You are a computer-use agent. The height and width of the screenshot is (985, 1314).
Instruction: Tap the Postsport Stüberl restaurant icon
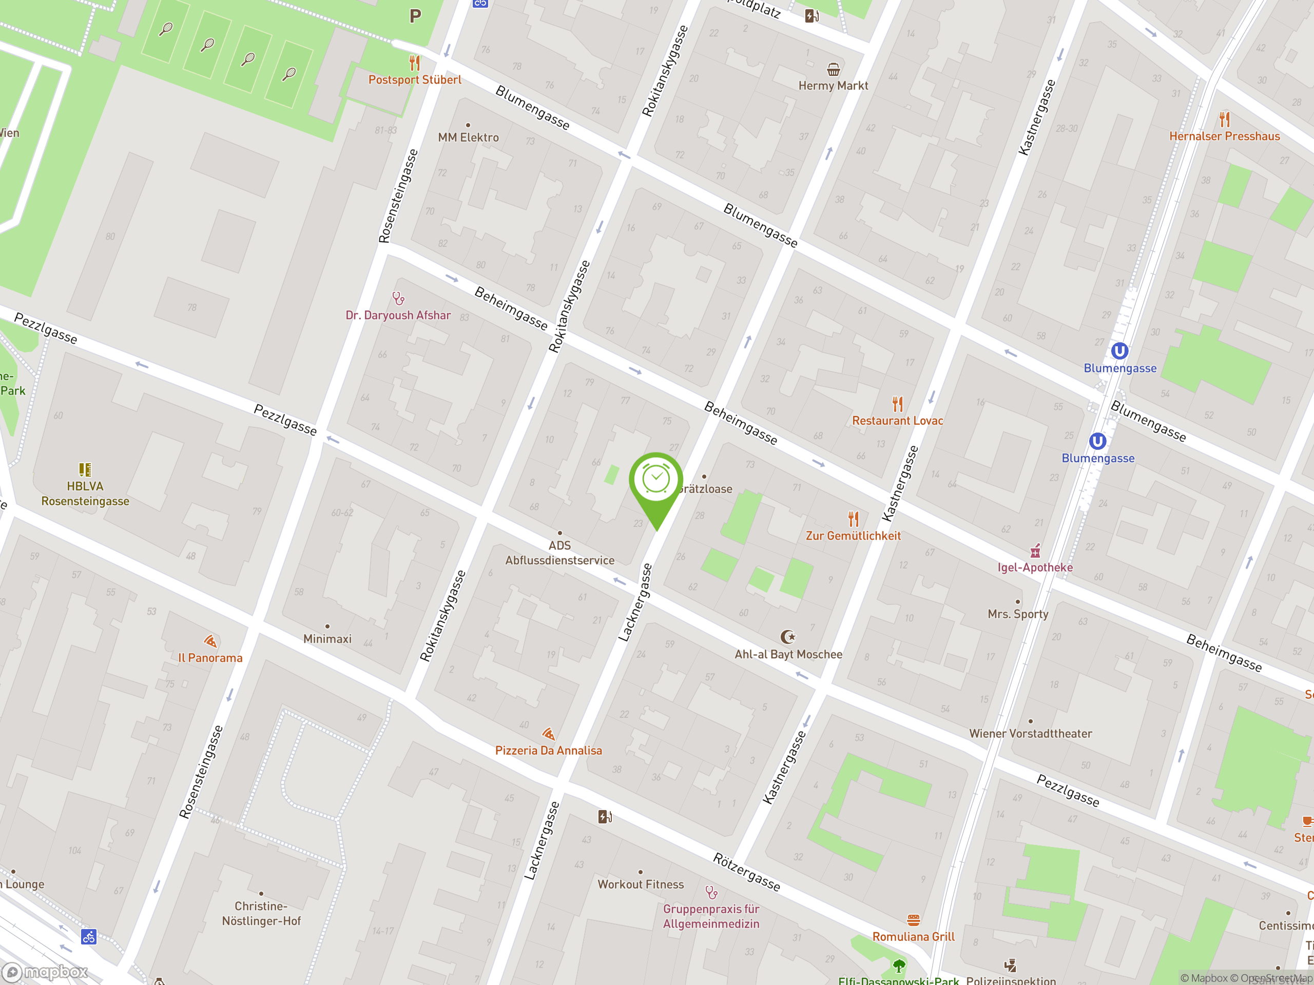pyautogui.click(x=415, y=63)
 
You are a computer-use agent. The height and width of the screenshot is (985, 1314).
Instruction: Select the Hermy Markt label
pyautogui.click(x=833, y=86)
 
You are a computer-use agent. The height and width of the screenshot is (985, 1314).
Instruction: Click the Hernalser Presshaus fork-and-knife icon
pyautogui.click(x=1224, y=120)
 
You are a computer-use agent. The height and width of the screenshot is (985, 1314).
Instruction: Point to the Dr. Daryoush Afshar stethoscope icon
pyautogui.click(x=398, y=298)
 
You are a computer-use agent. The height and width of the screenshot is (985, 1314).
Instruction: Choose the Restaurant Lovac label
pyautogui.click(x=897, y=420)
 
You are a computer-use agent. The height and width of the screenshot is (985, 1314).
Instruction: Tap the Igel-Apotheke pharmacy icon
pyautogui.click(x=1035, y=550)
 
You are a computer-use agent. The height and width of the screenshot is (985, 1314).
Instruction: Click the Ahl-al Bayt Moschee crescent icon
pyautogui.click(x=788, y=637)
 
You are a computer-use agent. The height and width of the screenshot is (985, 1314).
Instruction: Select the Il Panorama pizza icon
pyautogui.click(x=210, y=641)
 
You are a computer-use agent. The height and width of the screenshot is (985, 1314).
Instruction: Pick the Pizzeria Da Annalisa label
pyautogui.click(x=548, y=751)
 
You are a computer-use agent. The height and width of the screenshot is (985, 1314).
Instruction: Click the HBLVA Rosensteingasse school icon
pyautogui.click(x=85, y=469)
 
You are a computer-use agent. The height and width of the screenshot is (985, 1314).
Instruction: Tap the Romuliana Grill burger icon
pyautogui.click(x=913, y=920)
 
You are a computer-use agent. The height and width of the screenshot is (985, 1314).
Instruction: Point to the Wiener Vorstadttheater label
pyautogui.click(x=1030, y=734)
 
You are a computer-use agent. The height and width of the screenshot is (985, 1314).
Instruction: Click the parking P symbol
pyautogui.click(x=415, y=16)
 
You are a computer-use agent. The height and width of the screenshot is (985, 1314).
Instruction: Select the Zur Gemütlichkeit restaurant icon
pyautogui.click(x=853, y=519)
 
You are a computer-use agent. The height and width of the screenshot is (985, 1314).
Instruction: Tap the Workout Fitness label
pyautogui.click(x=641, y=884)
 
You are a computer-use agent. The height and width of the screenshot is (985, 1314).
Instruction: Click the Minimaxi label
pyautogui.click(x=327, y=639)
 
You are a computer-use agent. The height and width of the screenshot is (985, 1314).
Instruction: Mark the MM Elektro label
pyautogui.click(x=468, y=137)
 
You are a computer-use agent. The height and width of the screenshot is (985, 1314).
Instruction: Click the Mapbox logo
pyautogui.click(x=46, y=972)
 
